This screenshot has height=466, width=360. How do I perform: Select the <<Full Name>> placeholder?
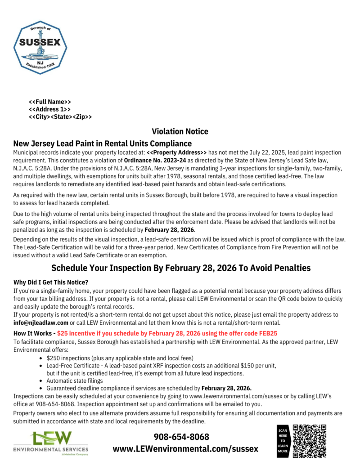point(50,102)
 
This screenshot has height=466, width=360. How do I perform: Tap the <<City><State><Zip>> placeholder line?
point(60,117)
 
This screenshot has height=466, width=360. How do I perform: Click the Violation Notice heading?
point(180,132)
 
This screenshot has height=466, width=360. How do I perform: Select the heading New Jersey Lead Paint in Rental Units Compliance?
point(103,144)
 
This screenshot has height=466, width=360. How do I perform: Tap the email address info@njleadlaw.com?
point(41,323)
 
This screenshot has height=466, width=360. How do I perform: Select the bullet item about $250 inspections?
point(120,358)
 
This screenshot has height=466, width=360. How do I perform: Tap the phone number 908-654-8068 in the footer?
point(181,437)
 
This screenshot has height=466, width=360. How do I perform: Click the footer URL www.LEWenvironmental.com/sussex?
point(185,448)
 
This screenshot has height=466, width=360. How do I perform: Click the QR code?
point(309,440)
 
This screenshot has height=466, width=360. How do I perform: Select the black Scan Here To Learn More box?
point(283,441)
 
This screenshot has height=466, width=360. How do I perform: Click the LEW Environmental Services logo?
point(51,443)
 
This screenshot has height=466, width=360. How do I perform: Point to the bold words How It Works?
point(33,333)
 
